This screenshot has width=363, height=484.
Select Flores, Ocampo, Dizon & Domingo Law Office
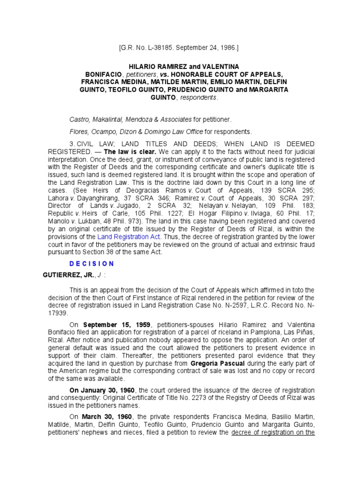136,131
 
